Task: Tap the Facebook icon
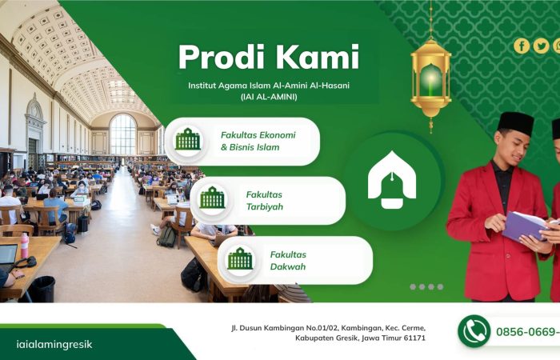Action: [x=522, y=46]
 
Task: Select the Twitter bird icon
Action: [x=541, y=46]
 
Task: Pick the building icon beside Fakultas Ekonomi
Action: [x=187, y=139]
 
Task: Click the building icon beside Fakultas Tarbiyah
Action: [x=213, y=198]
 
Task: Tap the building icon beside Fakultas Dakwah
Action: [x=240, y=258]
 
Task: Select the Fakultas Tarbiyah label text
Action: [x=265, y=201]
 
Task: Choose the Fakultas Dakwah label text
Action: [x=288, y=261]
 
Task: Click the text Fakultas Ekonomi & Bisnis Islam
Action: [x=258, y=141]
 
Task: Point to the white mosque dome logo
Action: [x=392, y=180]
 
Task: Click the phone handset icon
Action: [x=474, y=331]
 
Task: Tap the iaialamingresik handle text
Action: [x=54, y=344]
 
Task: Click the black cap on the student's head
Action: [x=515, y=123]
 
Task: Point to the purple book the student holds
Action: [x=525, y=226]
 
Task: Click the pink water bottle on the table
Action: [x=24, y=246]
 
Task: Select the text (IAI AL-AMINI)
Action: [x=269, y=97]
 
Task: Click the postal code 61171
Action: [x=415, y=338]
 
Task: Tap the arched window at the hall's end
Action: [x=123, y=134]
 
